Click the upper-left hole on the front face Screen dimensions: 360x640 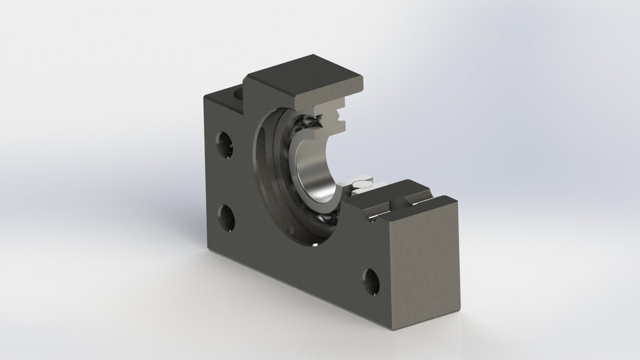(223, 141)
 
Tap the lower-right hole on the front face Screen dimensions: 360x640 (371, 282)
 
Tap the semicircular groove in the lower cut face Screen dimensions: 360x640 (398, 201)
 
